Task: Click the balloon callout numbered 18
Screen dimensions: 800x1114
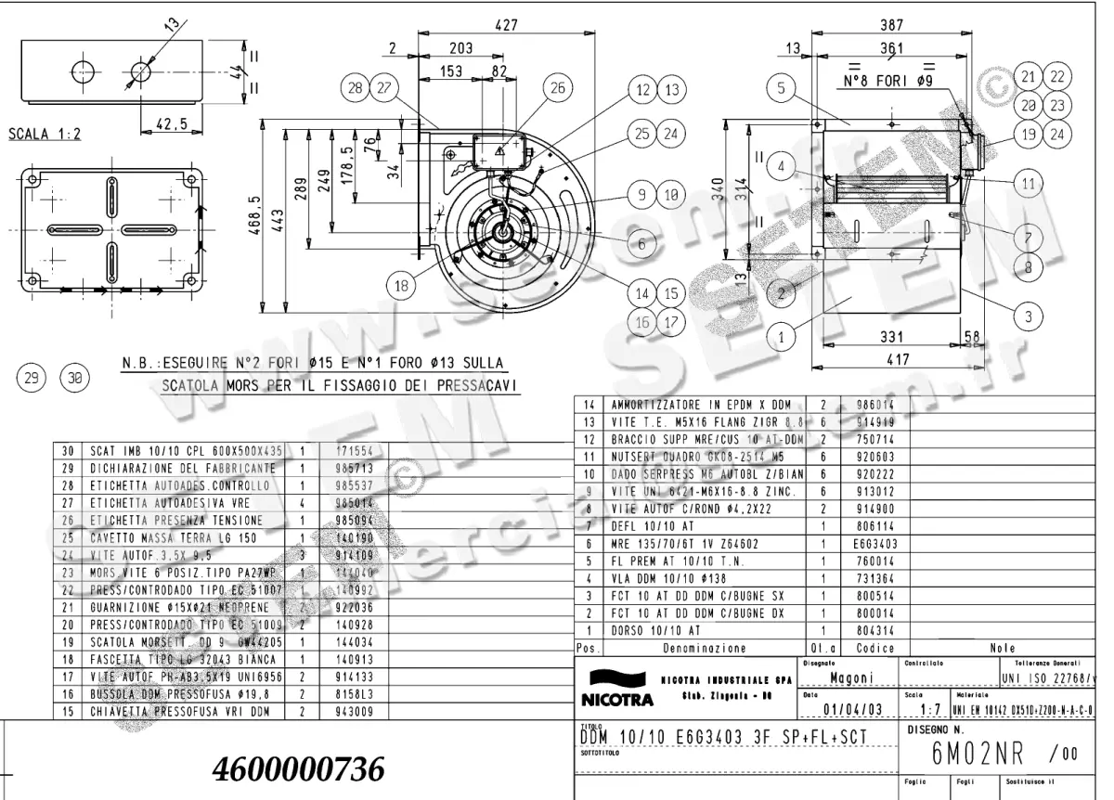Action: coord(401,286)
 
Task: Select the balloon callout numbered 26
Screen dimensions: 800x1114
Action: coord(557,88)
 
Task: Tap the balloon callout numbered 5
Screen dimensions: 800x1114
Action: coord(783,89)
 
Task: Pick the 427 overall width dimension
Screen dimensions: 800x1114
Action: coord(506,26)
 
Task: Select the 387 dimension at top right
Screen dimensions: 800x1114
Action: coord(893,26)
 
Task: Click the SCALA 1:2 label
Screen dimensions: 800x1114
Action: coord(44,134)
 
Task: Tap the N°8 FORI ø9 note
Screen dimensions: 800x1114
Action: coord(887,82)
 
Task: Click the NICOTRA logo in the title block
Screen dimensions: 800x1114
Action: coord(614,687)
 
